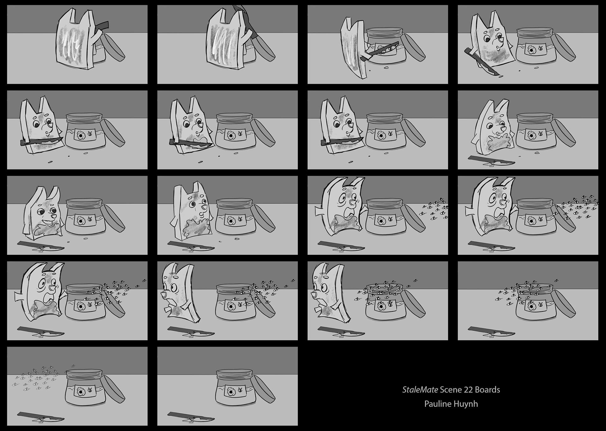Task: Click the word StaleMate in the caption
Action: (420, 390)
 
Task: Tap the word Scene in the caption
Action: (451, 390)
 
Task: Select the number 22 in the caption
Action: (468, 390)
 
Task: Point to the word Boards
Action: (488, 390)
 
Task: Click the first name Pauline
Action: (437, 404)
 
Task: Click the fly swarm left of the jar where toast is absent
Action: (35, 377)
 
